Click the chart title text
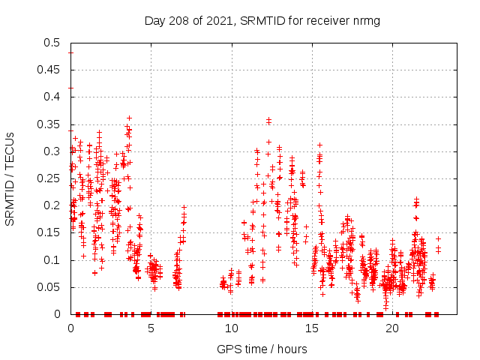click(x=262, y=20)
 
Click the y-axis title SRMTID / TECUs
click(x=10, y=178)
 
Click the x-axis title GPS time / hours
click(x=262, y=349)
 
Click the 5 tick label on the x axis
click(x=151, y=328)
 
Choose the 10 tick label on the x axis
click(x=231, y=328)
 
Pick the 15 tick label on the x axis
click(x=311, y=328)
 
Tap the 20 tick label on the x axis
click(x=391, y=328)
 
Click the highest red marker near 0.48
click(x=70, y=52)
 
